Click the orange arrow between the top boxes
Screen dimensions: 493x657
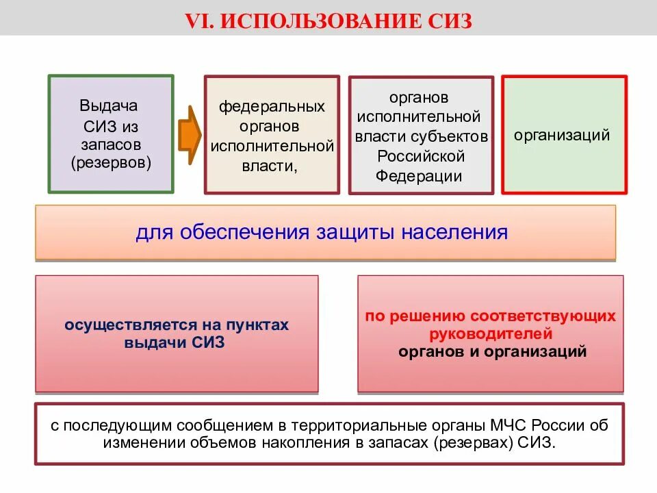(x=190, y=134)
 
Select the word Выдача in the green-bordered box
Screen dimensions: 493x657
(x=109, y=106)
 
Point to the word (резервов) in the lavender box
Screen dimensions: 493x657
(x=110, y=163)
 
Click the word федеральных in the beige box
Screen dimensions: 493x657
(x=272, y=108)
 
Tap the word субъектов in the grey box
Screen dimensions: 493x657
(x=455, y=136)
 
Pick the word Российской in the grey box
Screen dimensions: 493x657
(x=421, y=155)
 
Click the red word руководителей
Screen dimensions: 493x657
(x=491, y=335)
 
